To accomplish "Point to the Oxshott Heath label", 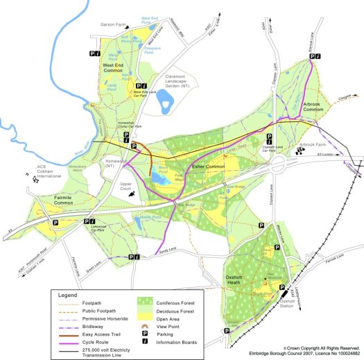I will tap(241, 278).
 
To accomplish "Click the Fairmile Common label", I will tap(50, 202).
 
